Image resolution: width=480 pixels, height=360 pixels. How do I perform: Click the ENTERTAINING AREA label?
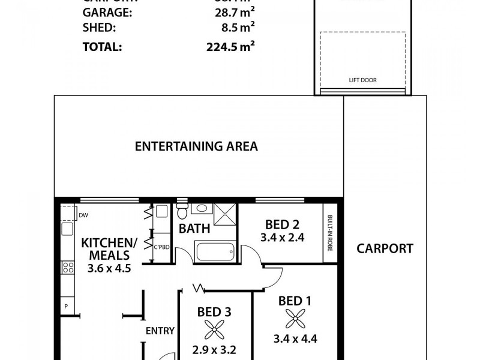(x=196, y=146)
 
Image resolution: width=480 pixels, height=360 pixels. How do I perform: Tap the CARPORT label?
(x=385, y=248)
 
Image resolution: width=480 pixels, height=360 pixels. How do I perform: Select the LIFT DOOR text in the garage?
(x=362, y=80)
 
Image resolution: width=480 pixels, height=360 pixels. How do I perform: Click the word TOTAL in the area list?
(x=101, y=47)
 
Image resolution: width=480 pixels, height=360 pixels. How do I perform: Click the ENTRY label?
(x=160, y=330)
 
